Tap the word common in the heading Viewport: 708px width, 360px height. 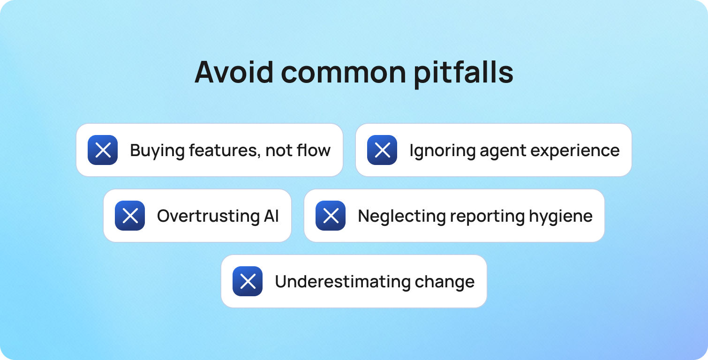[343, 72]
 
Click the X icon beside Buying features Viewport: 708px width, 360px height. [103, 150]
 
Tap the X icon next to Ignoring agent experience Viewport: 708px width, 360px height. [382, 150]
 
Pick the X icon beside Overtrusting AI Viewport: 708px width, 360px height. [130, 216]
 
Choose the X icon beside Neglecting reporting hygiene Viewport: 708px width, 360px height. [331, 216]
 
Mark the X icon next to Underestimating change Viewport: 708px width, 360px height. [248, 281]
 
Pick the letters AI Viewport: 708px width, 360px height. [271, 216]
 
